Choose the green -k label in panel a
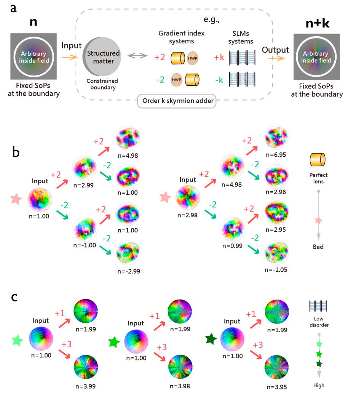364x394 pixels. pyautogui.click(x=219, y=80)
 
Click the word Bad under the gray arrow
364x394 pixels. pyautogui.click(x=318, y=247)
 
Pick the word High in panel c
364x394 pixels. pyautogui.click(x=318, y=385)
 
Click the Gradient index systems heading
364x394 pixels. pyautogui.click(x=181, y=37)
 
